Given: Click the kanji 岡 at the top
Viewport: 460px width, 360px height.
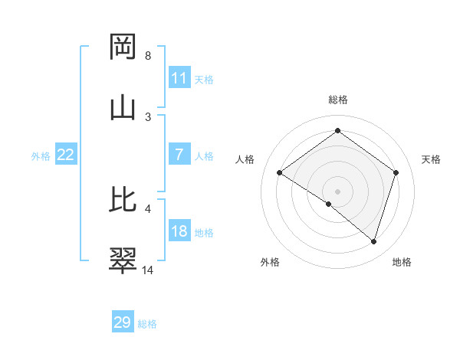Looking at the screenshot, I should click(x=123, y=47).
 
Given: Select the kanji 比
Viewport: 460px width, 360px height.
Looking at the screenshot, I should click(x=123, y=200).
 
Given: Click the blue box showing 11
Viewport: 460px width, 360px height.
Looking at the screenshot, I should click(x=179, y=78).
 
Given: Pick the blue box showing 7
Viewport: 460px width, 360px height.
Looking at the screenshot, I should click(x=179, y=155).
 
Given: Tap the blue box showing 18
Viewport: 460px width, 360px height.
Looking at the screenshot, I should click(x=179, y=232).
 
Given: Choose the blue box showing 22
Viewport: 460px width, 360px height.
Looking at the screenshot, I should click(x=66, y=155).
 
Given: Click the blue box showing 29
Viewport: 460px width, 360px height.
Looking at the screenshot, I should click(x=123, y=322).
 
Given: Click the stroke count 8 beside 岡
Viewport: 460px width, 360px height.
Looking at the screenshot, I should click(x=148, y=56).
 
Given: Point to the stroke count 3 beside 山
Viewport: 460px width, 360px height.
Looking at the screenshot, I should click(x=148, y=116).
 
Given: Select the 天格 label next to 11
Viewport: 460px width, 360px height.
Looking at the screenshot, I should click(x=204, y=79).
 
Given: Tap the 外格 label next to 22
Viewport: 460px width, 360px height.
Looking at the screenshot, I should click(x=41, y=155).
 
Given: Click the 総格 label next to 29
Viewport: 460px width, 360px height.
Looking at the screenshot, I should click(x=147, y=323).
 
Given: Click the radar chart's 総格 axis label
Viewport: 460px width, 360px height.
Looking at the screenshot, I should click(x=338, y=100).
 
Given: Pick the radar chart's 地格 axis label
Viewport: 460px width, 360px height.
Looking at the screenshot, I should click(x=402, y=262).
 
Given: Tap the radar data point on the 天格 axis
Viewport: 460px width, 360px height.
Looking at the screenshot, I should click(x=396, y=173).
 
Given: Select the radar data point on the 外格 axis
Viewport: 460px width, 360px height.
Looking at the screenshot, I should click(x=329, y=205).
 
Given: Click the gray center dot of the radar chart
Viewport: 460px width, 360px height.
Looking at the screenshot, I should click(x=338, y=191).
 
